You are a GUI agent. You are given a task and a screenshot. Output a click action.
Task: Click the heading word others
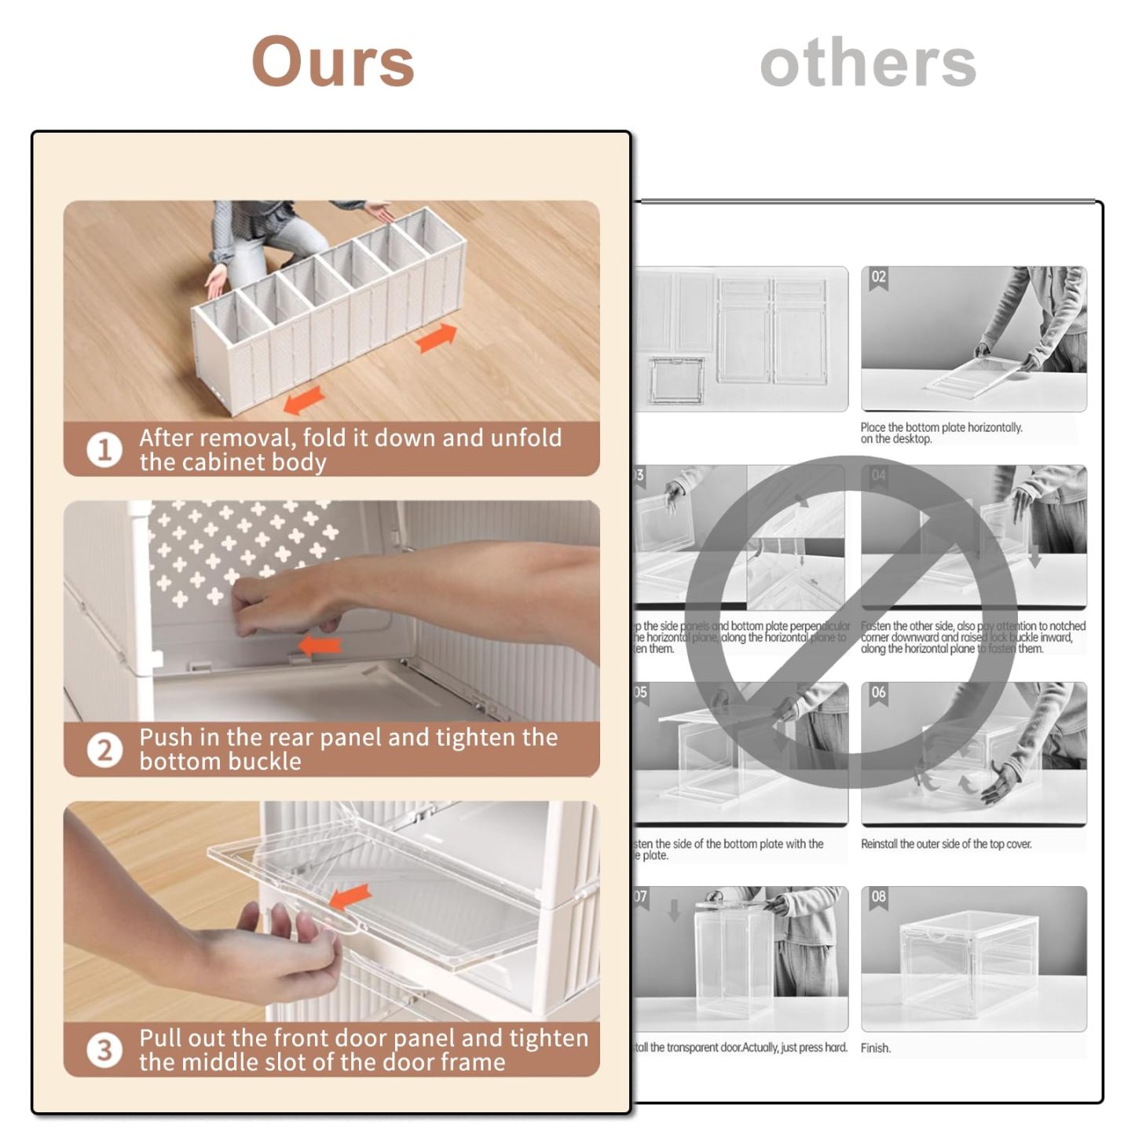click(x=868, y=63)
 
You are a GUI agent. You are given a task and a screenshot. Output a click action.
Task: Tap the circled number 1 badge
click(x=104, y=450)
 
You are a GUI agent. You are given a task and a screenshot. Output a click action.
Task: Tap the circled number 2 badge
click(x=104, y=750)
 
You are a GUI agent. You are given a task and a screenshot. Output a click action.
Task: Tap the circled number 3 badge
click(x=104, y=1050)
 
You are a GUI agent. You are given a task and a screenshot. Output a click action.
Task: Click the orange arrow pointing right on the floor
click(x=436, y=338)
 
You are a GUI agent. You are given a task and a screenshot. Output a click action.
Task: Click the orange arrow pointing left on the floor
click(x=304, y=399)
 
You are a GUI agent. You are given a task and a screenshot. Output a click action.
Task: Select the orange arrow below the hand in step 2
click(x=320, y=646)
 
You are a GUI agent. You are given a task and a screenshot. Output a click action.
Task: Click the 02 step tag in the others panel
click(x=878, y=277)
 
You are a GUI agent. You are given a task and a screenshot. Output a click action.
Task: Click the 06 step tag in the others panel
click(x=878, y=693)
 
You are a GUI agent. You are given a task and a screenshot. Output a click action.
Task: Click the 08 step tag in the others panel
click(x=878, y=897)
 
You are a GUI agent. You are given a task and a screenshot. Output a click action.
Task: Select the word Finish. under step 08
click(x=875, y=1048)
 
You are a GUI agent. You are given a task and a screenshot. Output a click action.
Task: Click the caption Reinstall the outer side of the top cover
click(x=946, y=844)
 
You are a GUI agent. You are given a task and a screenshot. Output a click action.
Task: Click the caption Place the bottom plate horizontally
click(x=941, y=428)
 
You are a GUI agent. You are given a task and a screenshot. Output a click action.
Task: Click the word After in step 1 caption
click(x=167, y=438)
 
